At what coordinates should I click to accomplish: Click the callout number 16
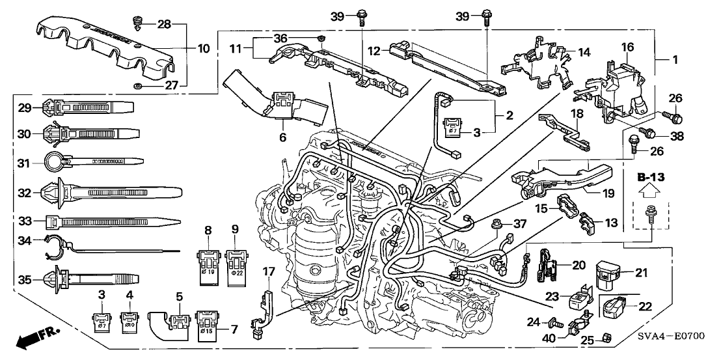coord(627,48)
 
